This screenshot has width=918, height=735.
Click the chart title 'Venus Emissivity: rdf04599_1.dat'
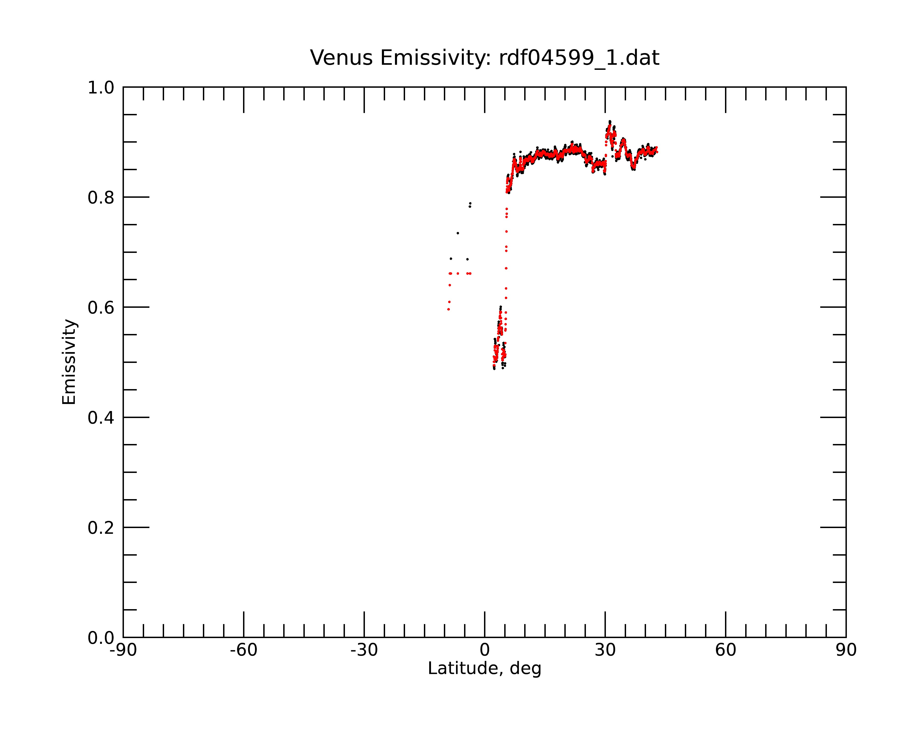pos(484,58)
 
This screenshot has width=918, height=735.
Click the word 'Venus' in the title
pos(341,58)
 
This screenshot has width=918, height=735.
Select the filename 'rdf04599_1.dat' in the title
pos(579,58)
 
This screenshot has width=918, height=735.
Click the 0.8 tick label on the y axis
pos(101,198)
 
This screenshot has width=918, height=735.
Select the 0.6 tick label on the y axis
pos(101,308)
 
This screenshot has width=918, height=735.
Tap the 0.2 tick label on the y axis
pos(101,528)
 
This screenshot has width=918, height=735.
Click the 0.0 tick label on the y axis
pos(101,638)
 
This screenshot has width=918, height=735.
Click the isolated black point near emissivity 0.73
pos(458,233)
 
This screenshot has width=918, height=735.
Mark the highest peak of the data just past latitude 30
pos(610,122)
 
